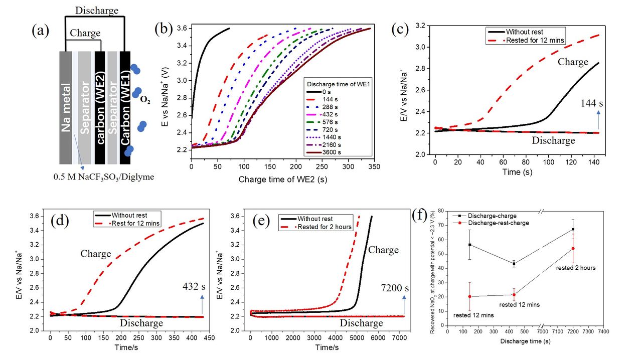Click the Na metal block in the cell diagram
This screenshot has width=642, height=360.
(66, 108)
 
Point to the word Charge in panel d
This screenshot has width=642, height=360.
(95, 254)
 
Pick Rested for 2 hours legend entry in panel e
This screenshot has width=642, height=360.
(324, 227)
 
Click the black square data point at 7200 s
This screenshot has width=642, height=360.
(573, 229)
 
